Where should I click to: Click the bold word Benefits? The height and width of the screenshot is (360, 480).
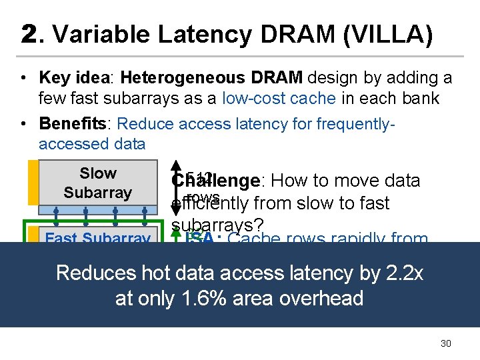[73, 124]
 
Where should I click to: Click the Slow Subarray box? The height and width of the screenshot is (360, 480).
[97, 183]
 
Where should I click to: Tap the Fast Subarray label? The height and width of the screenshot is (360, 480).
[97, 237]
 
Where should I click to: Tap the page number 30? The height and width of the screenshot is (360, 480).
[446, 343]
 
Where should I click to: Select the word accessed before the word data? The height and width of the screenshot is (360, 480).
[73, 144]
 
